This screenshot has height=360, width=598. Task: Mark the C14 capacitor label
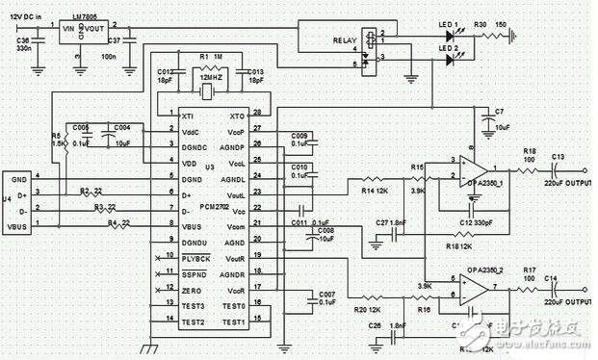pyautogui.click(x=551, y=279)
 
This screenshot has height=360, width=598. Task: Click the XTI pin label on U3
pyautogui.click(x=186, y=115)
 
